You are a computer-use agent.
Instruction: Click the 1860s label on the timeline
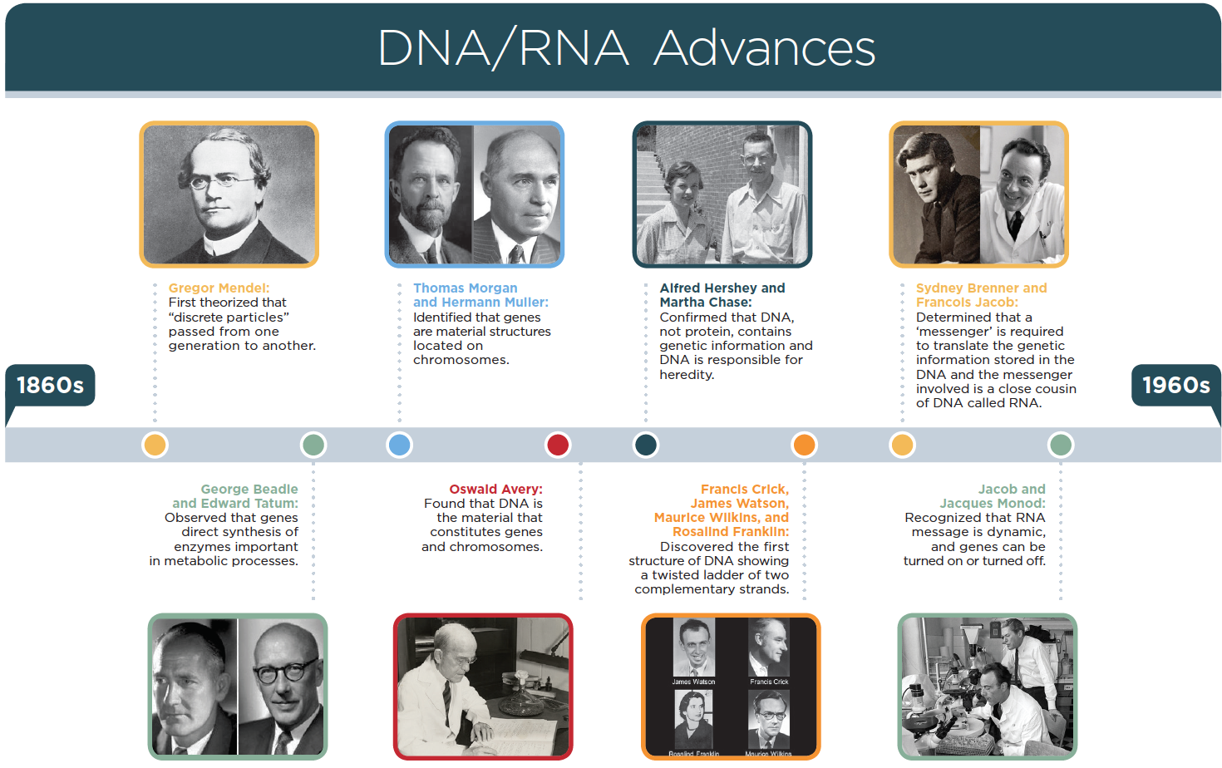click(50, 385)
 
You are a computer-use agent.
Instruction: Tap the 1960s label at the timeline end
click(1175, 385)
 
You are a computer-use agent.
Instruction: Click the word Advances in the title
click(764, 48)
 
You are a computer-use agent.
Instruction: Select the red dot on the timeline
click(558, 445)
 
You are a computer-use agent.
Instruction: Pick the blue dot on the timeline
click(399, 445)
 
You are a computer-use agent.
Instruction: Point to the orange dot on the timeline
click(804, 445)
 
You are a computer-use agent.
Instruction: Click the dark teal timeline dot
click(646, 445)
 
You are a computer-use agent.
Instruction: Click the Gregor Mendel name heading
click(219, 288)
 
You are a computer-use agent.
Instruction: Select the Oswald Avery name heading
click(496, 489)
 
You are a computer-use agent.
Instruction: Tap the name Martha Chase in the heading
click(706, 303)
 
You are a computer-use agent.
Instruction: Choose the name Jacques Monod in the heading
click(993, 503)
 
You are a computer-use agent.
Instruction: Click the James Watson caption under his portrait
click(693, 682)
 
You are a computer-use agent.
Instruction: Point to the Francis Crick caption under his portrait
click(769, 682)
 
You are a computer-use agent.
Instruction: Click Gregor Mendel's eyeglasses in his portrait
click(223, 181)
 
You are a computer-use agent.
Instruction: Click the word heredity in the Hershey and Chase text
click(687, 375)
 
